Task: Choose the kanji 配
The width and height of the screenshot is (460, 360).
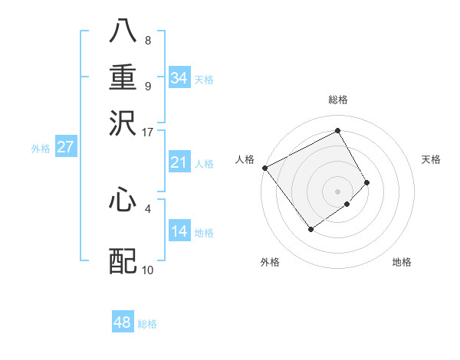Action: pos(123,261)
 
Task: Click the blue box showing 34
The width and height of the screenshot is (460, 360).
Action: pos(179,78)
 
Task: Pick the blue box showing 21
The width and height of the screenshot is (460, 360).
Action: pos(179,162)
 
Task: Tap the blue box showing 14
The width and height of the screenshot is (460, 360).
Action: pos(179,231)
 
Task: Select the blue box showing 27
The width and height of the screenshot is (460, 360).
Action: pos(65,147)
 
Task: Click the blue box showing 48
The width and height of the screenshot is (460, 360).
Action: pos(122,322)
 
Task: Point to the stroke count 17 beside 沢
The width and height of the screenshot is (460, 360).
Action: pos(148,132)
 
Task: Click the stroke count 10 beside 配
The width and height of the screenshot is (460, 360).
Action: pos(148,270)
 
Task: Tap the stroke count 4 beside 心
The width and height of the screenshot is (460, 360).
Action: pos(148,208)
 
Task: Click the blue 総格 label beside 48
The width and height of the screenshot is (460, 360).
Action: pos(147,324)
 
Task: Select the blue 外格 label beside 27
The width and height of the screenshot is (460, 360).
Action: pos(40,149)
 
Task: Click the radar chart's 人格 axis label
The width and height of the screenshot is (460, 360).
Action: pos(245,159)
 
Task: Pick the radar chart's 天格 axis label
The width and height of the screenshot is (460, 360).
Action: pos(431,159)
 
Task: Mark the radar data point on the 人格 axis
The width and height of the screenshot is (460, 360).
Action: pos(264,168)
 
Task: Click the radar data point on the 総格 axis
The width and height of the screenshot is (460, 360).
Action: pos(337,130)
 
